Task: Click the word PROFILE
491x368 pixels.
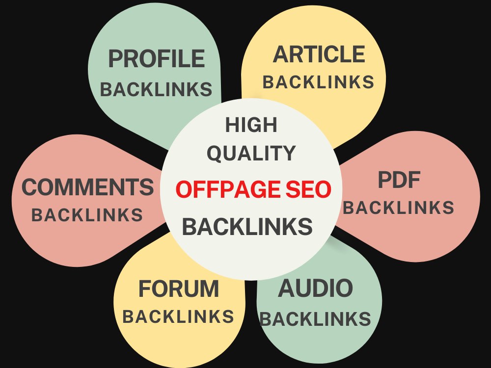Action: [x=157, y=58]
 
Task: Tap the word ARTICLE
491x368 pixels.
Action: [x=319, y=54]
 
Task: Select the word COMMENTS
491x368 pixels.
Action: [x=88, y=187]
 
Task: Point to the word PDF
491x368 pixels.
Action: [x=399, y=180]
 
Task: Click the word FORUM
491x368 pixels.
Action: [x=179, y=289]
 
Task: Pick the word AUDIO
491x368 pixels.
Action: [x=315, y=288]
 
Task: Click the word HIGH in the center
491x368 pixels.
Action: [x=251, y=125]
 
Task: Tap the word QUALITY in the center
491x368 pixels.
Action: [x=251, y=153]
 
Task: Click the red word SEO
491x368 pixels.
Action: [x=308, y=189]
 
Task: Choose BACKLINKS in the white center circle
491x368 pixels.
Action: [x=247, y=226]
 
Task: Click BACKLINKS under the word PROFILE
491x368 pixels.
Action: [x=156, y=89]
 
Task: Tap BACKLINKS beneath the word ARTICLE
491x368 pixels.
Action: [x=319, y=82]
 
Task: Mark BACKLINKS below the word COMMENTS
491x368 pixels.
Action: [x=87, y=215]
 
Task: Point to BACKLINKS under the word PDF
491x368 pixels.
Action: [x=399, y=208]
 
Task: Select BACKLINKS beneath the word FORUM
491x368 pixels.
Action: [x=178, y=316]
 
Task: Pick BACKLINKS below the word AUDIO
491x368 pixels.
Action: [x=315, y=319]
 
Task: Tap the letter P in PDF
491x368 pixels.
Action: [x=385, y=180]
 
